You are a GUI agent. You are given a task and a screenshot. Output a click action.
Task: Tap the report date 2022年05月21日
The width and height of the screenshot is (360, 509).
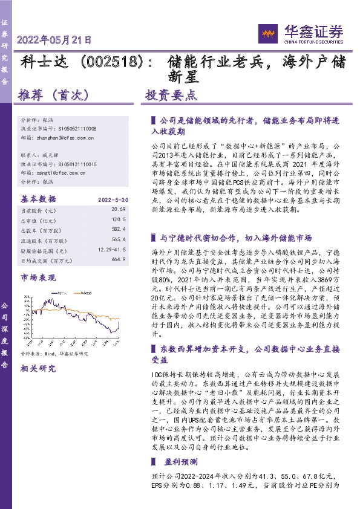tap(54, 41)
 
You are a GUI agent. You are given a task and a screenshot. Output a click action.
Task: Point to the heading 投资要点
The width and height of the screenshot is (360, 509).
tap(171, 95)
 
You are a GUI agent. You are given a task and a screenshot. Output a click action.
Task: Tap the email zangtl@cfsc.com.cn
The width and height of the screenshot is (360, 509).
tap(57, 172)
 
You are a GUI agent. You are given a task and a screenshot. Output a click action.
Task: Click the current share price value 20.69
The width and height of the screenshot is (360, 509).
tap(118, 209)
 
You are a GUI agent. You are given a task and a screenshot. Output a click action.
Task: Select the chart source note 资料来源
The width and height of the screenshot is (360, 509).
tap(54, 354)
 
